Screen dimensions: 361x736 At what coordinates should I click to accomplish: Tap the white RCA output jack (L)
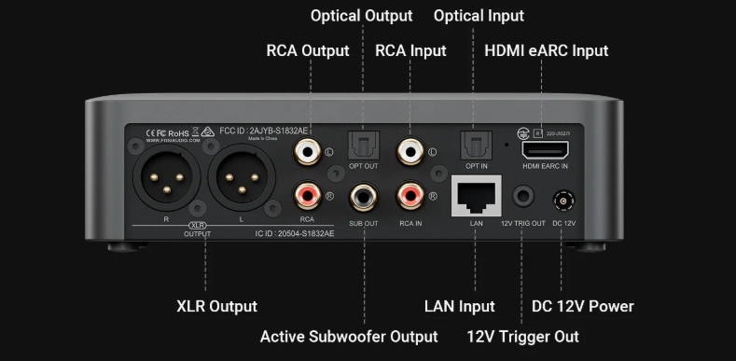(305, 148)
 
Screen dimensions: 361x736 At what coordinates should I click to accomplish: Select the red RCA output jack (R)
(305, 195)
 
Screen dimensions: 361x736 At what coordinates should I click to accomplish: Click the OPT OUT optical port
(362, 146)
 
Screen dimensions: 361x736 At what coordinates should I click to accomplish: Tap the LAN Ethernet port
(476, 196)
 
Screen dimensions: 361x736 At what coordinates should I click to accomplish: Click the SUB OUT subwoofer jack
(363, 197)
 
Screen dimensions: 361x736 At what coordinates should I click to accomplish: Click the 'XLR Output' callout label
(216, 306)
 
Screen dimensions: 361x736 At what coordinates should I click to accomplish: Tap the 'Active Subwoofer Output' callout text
(348, 336)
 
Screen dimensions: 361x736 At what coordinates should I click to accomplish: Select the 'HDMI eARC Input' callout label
(546, 50)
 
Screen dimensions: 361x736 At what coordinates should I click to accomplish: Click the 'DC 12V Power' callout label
(582, 306)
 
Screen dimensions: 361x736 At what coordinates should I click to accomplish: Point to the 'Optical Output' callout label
(361, 16)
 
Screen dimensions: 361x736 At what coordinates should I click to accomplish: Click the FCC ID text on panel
(252, 132)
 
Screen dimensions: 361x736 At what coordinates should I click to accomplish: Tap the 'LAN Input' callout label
(459, 306)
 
